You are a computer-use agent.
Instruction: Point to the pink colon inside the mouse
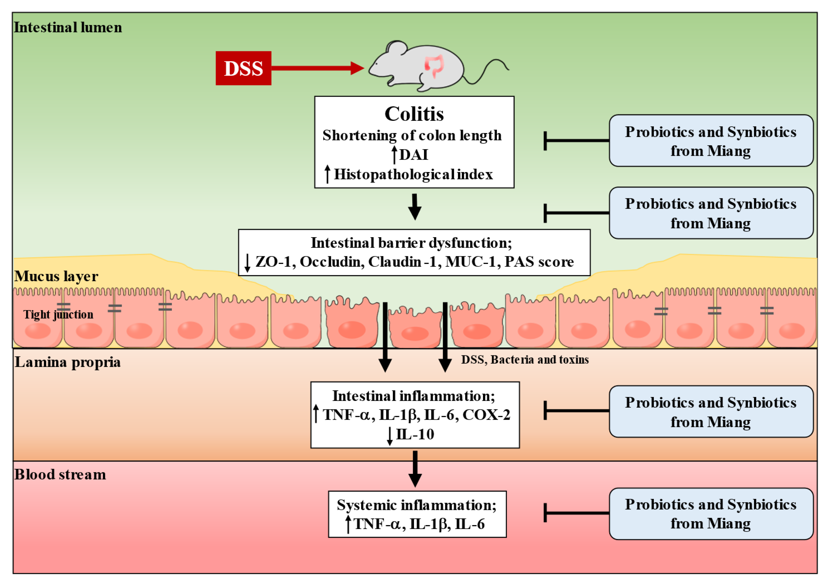click(x=434, y=65)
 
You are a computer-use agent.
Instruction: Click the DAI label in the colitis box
click(x=414, y=155)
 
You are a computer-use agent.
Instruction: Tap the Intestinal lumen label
click(x=68, y=27)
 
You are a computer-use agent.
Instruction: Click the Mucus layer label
click(x=56, y=276)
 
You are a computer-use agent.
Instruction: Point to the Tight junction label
click(x=58, y=314)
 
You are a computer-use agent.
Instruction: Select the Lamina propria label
click(x=67, y=362)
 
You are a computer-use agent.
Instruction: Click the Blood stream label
click(x=60, y=474)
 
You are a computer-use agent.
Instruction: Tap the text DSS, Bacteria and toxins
click(x=524, y=360)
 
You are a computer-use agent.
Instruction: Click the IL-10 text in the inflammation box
click(x=415, y=434)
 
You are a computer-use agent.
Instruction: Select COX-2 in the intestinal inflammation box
click(x=486, y=415)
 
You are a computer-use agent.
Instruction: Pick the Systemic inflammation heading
click(x=417, y=505)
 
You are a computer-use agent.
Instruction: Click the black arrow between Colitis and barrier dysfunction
click(x=415, y=207)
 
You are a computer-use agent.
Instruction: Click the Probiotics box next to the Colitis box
click(x=710, y=141)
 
